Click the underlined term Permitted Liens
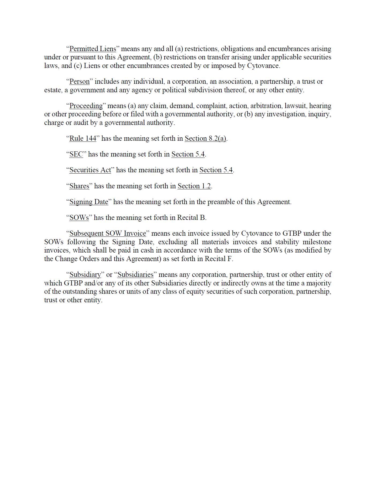click(x=93, y=49)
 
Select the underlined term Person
click(x=79, y=82)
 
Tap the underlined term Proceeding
click(x=86, y=106)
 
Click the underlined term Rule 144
click(x=83, y=139)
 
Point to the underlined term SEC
click(x=76, y=154)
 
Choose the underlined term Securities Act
click(x=90, y=170)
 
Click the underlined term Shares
click(x=79, y=186)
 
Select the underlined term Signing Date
click(x=89, y=202)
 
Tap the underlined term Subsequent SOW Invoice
click(x=108, y=234)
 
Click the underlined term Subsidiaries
click(x=135, y=275)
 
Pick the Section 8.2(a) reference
click(x=205, y=139)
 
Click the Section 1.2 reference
click(x=194, y=186)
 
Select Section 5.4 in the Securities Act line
click(x=216, y=170)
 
